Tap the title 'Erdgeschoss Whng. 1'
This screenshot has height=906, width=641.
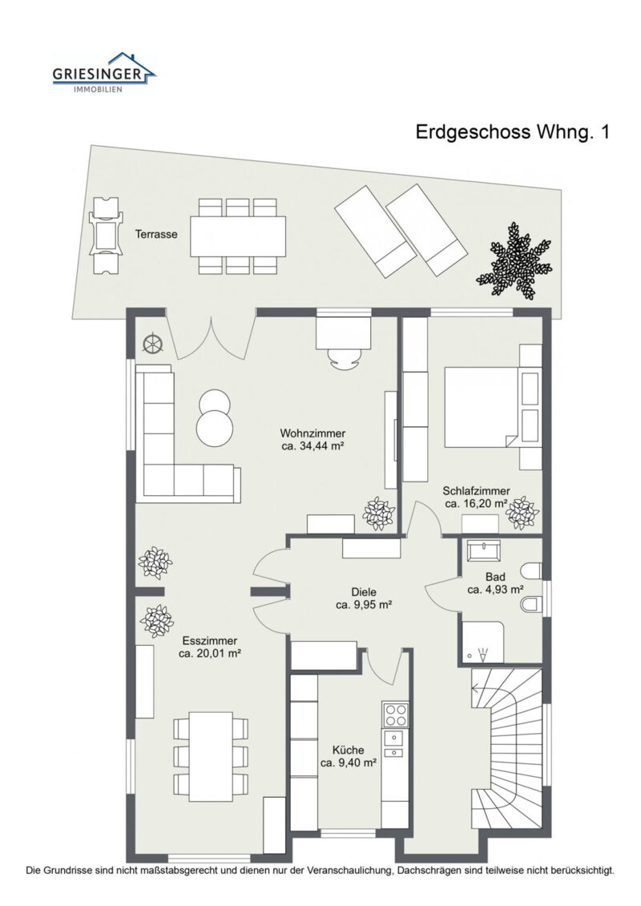tap(512, 132)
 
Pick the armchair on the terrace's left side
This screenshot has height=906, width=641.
tap(105, 236)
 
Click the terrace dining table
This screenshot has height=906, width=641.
tap(238, 236)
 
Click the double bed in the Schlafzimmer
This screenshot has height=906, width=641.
tap(479, 407)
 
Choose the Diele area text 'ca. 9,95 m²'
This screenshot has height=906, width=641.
tap(363, 606)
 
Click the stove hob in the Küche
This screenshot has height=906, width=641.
tap(395, 712)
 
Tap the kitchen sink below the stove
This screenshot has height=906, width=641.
tap(394, 744)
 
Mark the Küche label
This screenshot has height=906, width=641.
tap(349, 751)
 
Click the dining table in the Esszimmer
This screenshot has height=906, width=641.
tap(211, 755)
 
